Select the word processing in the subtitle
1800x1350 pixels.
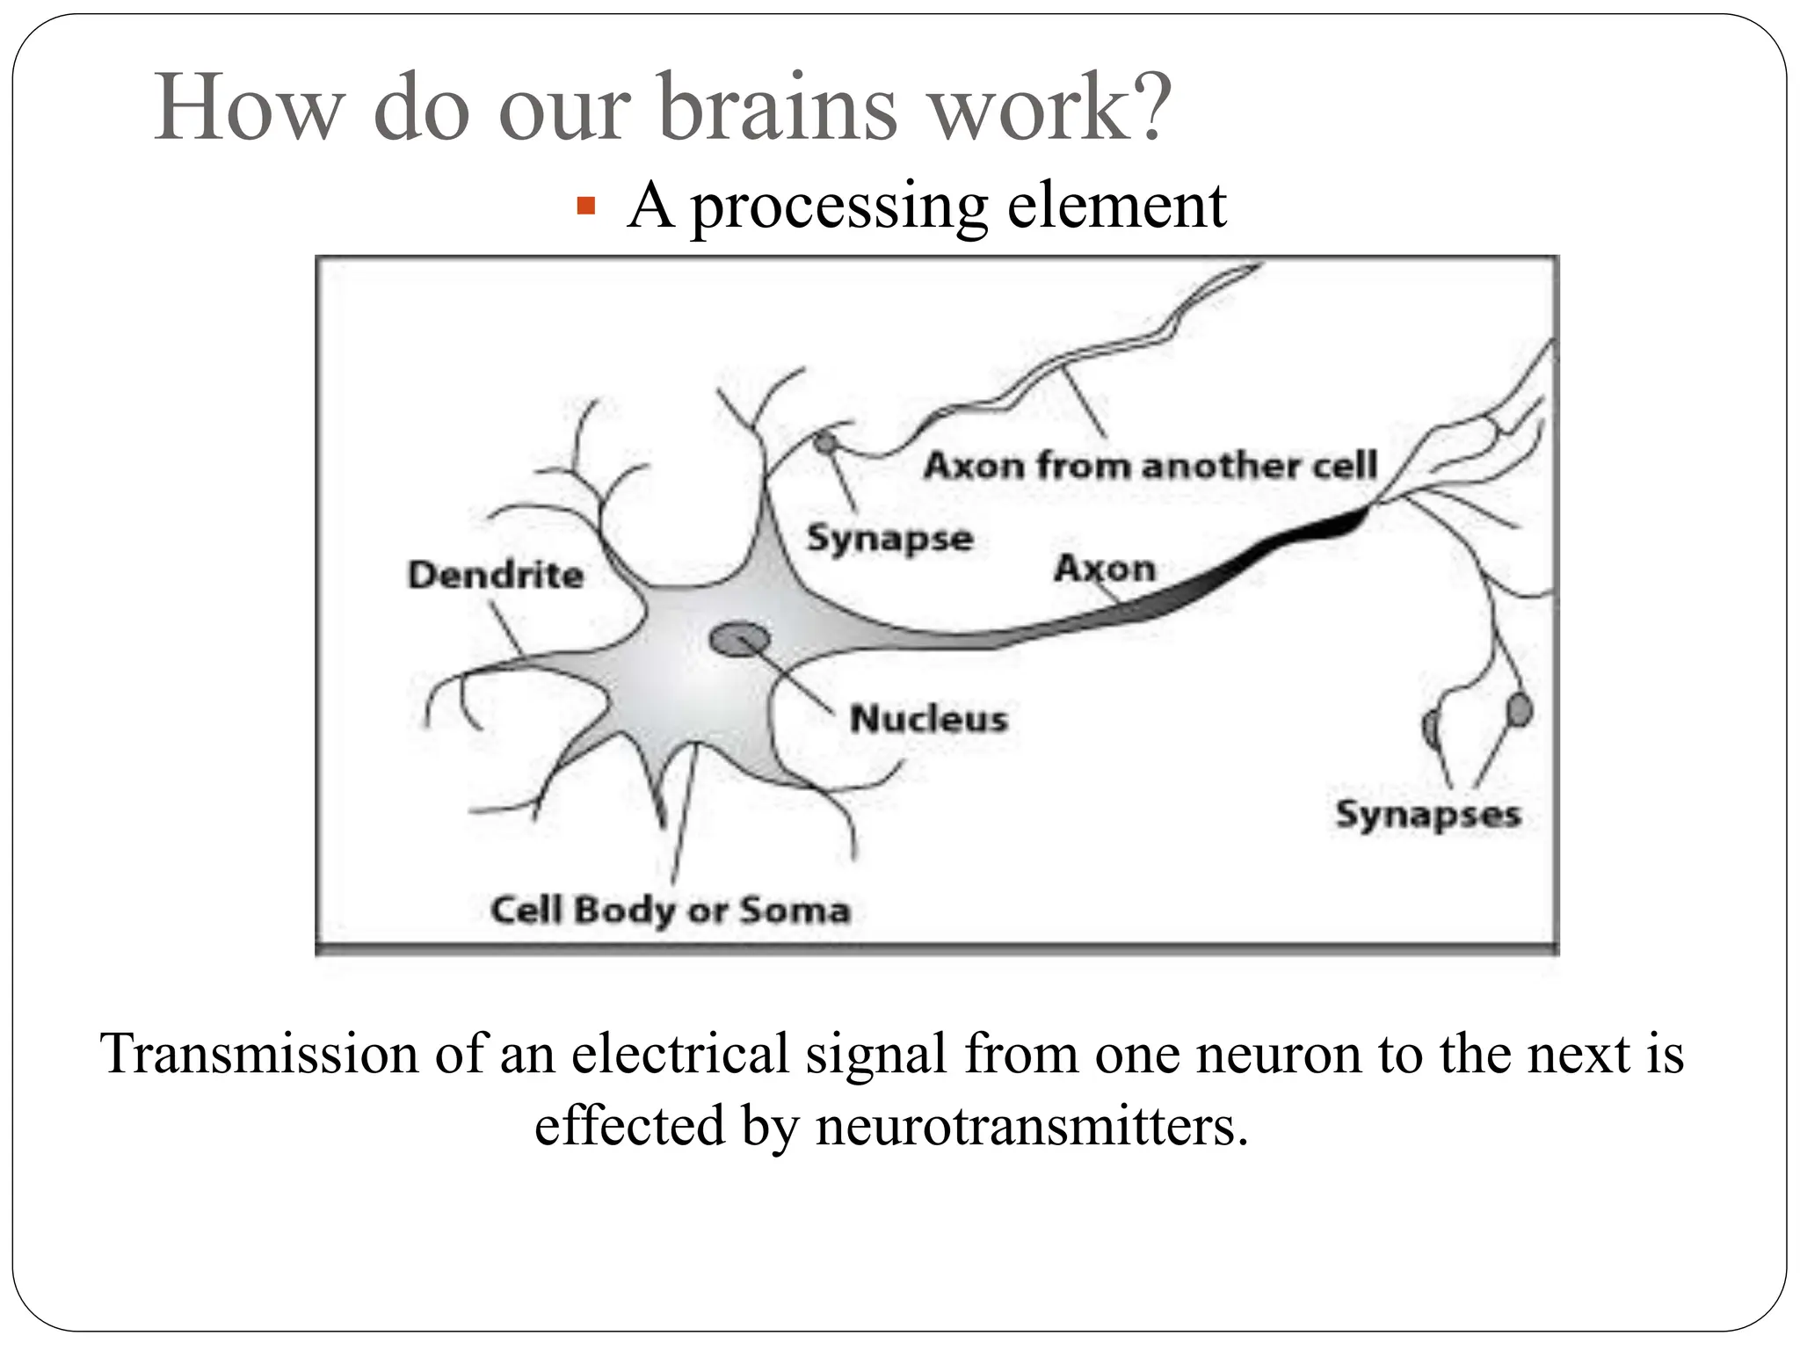pos(839,207)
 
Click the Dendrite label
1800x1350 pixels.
pos(496,576)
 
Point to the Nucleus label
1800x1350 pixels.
pos(928,719)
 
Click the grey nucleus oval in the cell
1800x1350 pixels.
pos(740,640)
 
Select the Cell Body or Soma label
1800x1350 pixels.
pos(671,910)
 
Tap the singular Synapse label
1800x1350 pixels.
pos(889,538)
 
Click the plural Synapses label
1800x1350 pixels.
pos(1427,814)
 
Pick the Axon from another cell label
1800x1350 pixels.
pos(1150,465)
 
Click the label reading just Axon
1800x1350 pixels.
pos(1104,569)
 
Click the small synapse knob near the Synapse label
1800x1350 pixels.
pos(824,443)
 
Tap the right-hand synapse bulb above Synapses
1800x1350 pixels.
pos(1519,710)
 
